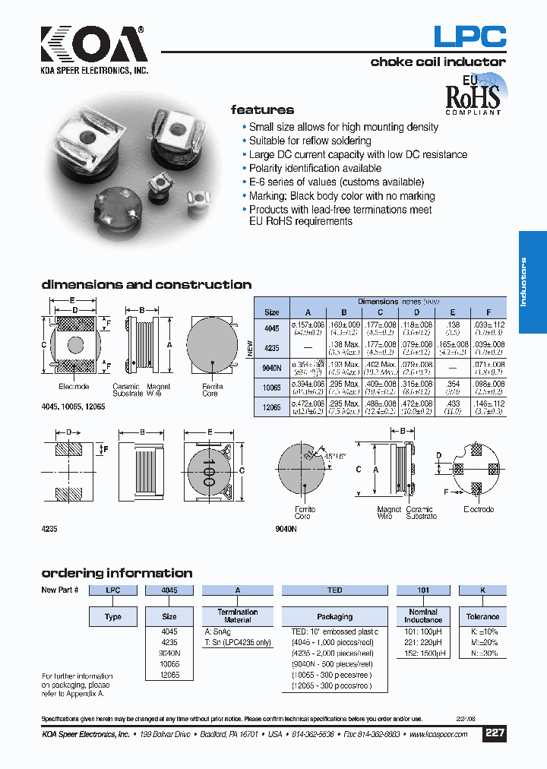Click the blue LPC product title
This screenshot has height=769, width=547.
coord(469,36)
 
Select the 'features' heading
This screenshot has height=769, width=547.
coord(262,110)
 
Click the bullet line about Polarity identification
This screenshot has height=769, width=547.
coord(315,168)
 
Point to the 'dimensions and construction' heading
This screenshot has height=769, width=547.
coord(146,285)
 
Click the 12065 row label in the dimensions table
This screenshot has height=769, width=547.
coord(271,408)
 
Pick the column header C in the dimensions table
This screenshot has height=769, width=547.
coord(381,312)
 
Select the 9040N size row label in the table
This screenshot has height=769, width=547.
coord(271,369)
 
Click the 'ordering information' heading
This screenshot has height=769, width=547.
coord(116,573)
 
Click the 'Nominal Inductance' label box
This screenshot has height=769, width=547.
coord(423,616)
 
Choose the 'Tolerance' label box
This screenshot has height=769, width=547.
coord(482,616)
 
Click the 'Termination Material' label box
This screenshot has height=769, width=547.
coord(237,616)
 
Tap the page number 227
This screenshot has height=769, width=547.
coord(495,733)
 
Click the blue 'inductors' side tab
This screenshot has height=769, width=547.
coord(533,282)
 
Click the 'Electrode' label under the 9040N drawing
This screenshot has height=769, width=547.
coord(479,510)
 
